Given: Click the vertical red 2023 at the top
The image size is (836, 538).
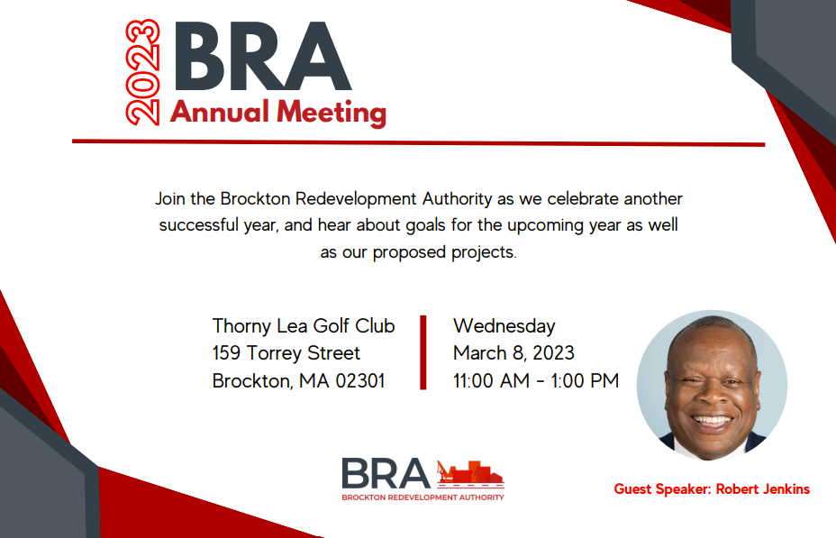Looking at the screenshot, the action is pos(142,72).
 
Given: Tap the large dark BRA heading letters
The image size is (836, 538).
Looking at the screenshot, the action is pos(262,57).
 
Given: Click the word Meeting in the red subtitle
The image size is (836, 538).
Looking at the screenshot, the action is pos(332,113).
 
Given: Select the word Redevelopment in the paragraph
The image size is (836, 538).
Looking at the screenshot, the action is pos(356,199).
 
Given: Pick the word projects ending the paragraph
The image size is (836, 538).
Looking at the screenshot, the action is pos(484,252).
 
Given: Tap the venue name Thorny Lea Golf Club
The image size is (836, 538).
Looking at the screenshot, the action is pos(304,326).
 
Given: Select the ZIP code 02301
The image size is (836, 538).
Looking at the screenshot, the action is pos(359,380).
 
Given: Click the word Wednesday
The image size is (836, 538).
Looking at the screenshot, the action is pos(504,326).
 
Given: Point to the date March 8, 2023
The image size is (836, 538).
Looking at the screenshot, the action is pos(513,353).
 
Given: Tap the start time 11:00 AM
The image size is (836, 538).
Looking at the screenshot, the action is pos(491,380).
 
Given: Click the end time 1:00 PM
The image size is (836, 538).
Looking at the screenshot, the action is pos(585,380).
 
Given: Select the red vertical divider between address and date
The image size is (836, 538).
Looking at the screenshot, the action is pos(423,352).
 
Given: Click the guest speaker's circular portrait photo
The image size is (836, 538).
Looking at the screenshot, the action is pos(712,385).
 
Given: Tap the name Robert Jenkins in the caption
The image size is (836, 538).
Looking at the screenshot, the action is pos(762,489).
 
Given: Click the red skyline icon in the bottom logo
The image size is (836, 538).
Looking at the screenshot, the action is pos(470,473).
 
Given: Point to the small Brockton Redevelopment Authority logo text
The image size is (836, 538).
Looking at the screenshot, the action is pos(423,497).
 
